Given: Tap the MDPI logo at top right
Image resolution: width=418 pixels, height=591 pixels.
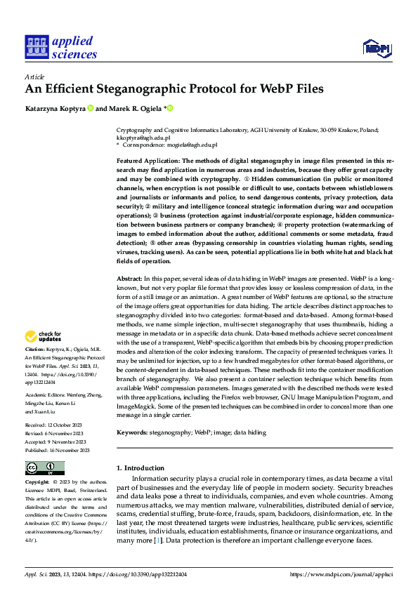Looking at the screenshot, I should [375, 48].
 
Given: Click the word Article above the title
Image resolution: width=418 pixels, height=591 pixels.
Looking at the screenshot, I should [34, 76].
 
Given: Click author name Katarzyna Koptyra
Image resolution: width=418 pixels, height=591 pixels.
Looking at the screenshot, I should [55, 109].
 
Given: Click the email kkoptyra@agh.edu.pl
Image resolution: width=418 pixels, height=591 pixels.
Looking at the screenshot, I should [143, 138].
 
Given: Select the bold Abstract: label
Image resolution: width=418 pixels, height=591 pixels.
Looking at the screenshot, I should [131, 280].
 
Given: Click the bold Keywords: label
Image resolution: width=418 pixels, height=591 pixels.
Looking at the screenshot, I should [133, 433].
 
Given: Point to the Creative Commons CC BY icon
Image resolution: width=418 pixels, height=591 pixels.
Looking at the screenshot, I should [44, 468].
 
